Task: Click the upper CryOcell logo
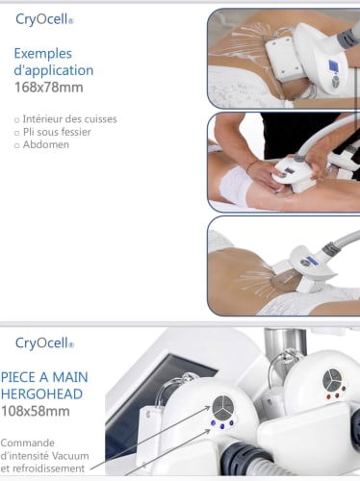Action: point(44,19)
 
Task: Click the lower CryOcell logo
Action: point(44,343)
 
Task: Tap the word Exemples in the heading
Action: point(43,54)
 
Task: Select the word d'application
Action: point(54,70)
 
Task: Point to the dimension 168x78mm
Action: point(49,88)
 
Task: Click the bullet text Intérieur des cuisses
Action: point(69,119)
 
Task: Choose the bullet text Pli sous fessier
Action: point(57,132)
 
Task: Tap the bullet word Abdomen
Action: point(46,144)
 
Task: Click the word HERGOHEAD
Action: point(41,394)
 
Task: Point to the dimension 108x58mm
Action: point(36,411)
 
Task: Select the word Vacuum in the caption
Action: point(70,456)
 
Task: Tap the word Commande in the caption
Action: point(28,443)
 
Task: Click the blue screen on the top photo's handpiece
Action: point(333,66)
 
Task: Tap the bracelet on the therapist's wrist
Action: point(251,165)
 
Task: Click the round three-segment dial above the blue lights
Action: point(223,408)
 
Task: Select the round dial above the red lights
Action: point(333,380)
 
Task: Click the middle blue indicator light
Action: point(222,426)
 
